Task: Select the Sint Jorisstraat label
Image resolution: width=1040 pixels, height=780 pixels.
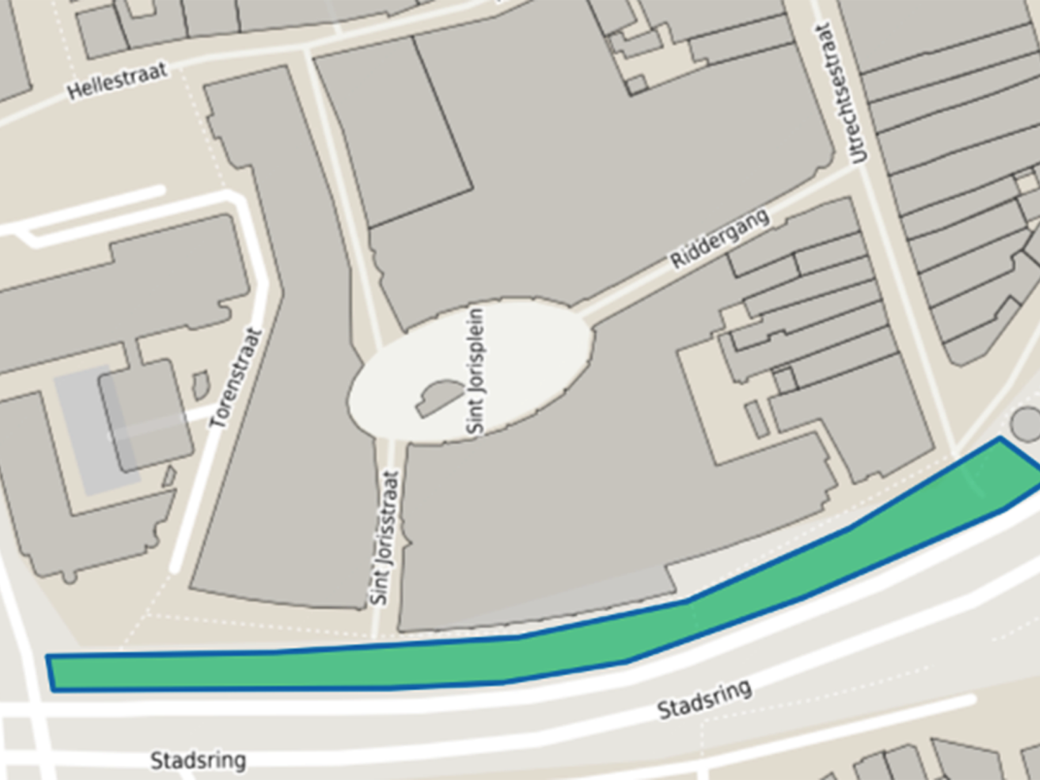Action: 386,537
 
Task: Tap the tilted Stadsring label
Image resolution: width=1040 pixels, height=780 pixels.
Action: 705,699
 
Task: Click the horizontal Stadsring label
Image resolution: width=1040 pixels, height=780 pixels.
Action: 198,760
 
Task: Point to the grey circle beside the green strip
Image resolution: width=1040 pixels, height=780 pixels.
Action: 1025,423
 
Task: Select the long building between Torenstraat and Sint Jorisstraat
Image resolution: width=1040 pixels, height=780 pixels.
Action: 281,369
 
